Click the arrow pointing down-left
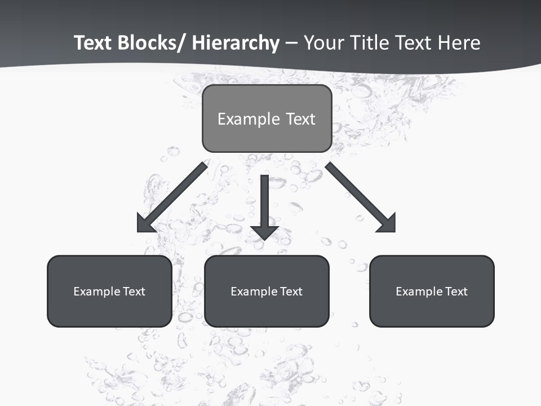[x=175, y=195]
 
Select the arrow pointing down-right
[x=358, y=195]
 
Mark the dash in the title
[x=291, y=43]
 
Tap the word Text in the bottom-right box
[x=457, y=292]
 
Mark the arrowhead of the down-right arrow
[x=388, y=224]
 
